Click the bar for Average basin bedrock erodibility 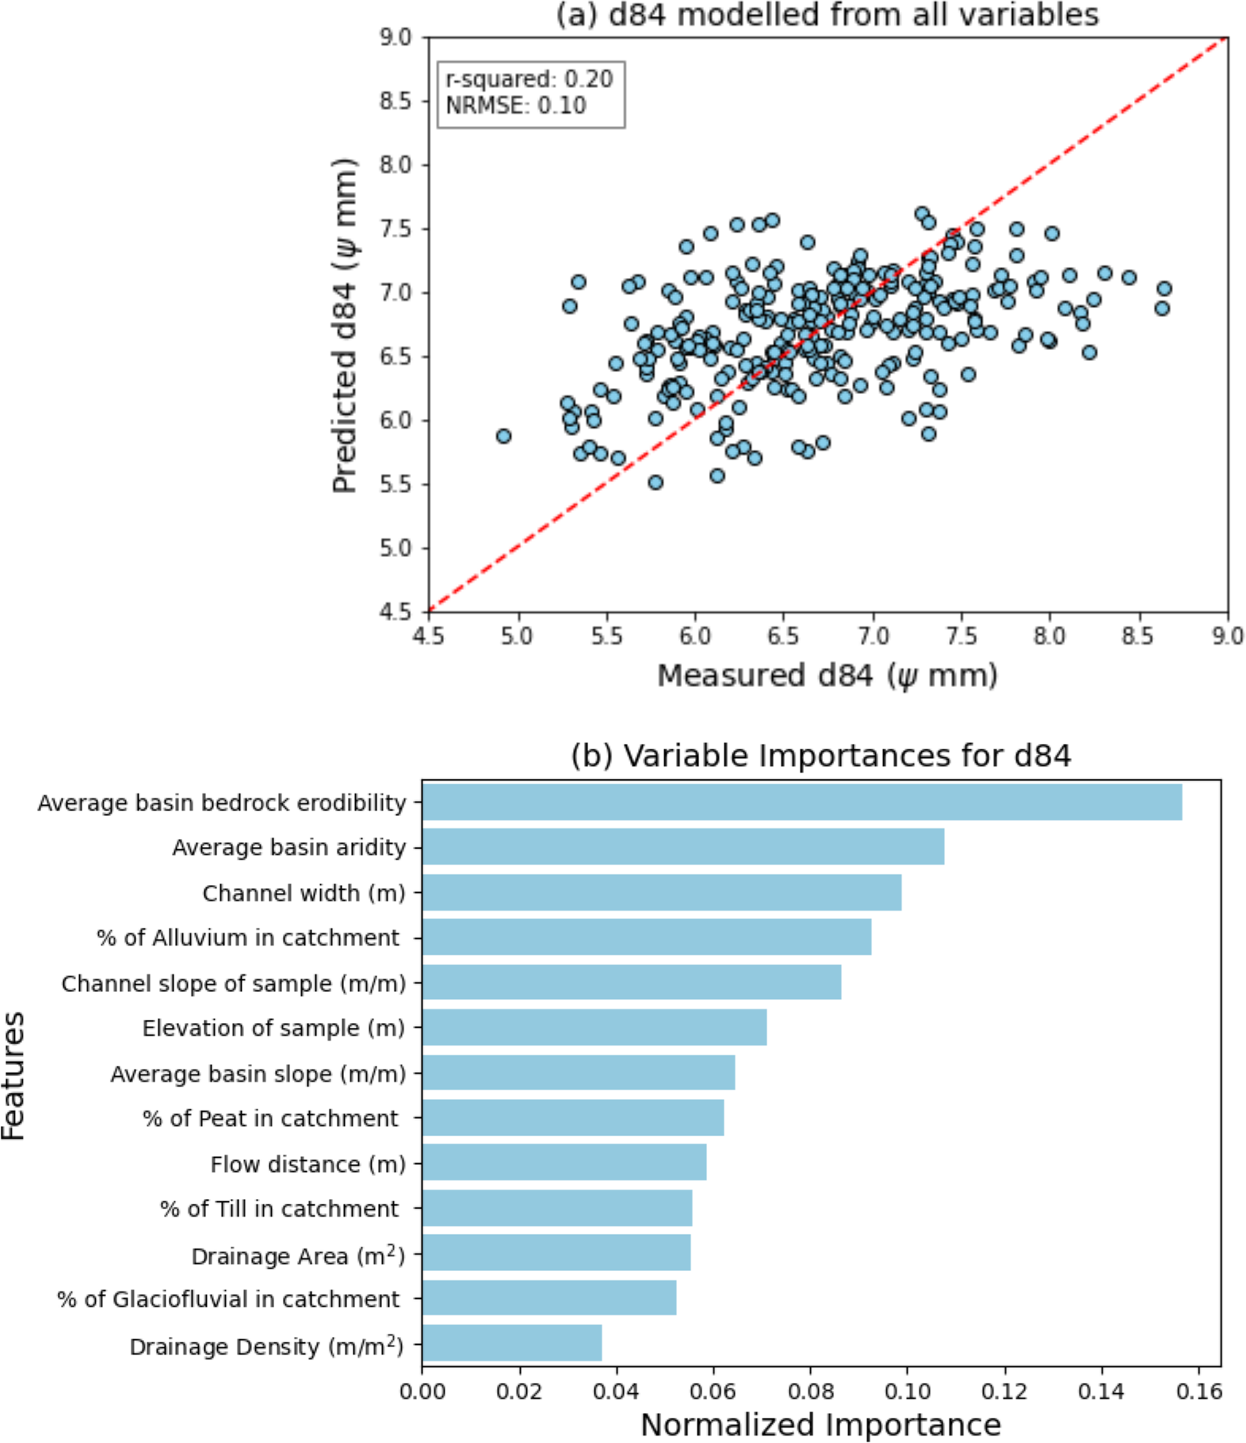click(801, 802)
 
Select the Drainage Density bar click(512, 1343)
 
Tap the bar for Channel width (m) click(662, 892)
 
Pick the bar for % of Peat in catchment click(573, 1118)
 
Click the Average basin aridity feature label click(289, 847)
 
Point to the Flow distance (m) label click(308, 1164)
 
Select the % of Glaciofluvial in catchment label click(228, 1299)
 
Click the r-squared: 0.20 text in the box click(529, 80)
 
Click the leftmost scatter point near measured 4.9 click(503, 436)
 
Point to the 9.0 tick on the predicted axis click(395, 37)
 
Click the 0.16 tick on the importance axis click(1198, 1391)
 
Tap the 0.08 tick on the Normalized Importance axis click(810, 1391)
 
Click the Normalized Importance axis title click(820, 1425)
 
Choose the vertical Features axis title click(14, 1076)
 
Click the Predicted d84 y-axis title click(345, 325)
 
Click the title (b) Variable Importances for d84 click(820, 756)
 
